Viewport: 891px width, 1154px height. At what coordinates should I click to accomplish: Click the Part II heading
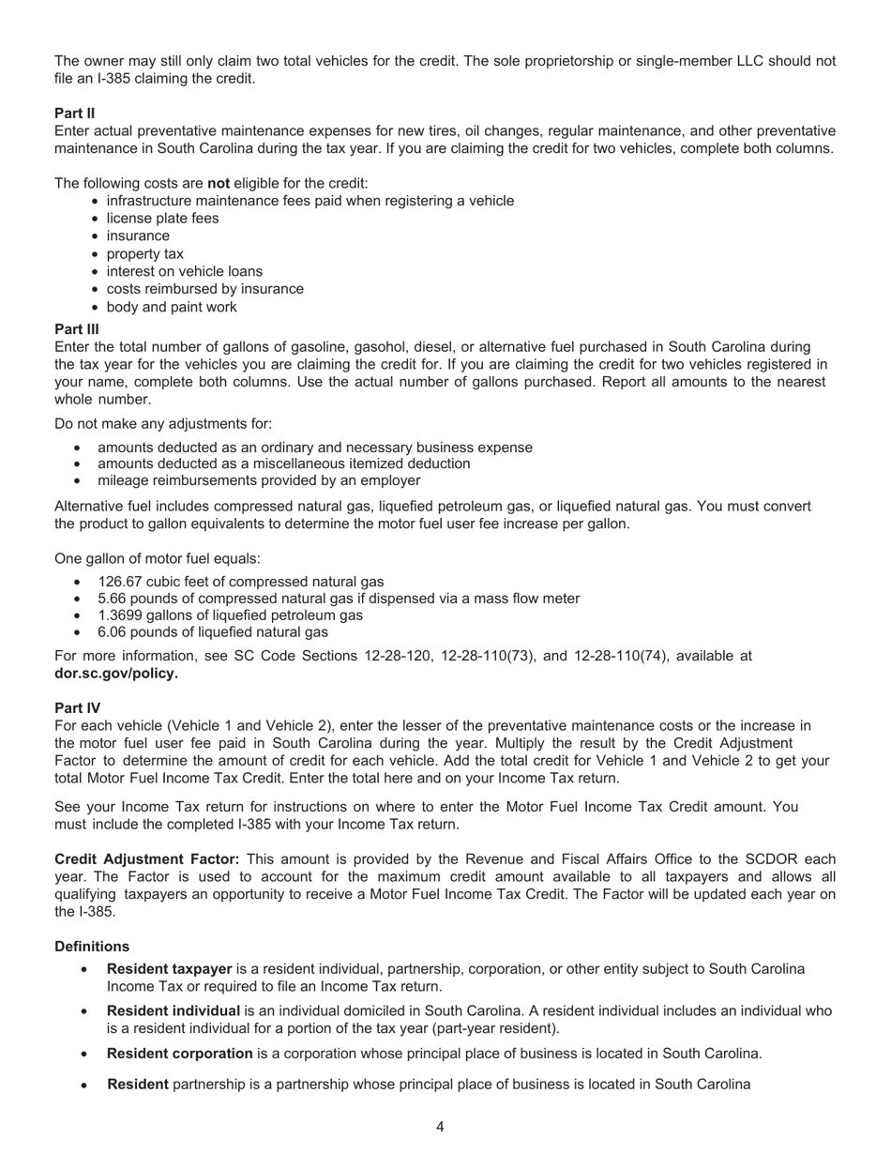click(75, 113)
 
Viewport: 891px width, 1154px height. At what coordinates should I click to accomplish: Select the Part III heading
click(77, 328)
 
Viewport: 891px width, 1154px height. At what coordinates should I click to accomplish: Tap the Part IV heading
click(78, 707)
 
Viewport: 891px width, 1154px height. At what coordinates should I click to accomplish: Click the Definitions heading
click(92, 947)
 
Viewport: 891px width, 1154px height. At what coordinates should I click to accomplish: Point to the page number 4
click(440, 1127)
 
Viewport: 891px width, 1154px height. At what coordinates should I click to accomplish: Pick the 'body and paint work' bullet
click(172, 307)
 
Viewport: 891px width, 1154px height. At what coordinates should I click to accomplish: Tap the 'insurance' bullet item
click(138, 236)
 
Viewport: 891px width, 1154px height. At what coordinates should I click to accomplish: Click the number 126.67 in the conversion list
click(119, 582)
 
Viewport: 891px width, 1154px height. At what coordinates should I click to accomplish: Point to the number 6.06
click(112, 632)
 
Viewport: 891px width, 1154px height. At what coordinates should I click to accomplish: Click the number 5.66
click(112, 599)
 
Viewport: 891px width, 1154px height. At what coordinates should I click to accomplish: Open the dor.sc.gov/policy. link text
click(116, 673)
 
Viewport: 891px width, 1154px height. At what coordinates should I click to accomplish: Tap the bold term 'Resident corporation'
click(180, 1054)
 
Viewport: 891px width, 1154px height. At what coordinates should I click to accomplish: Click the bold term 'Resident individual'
click(174, 1011)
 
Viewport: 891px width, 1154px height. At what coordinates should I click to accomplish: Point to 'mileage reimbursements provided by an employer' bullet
click(259, 480)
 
